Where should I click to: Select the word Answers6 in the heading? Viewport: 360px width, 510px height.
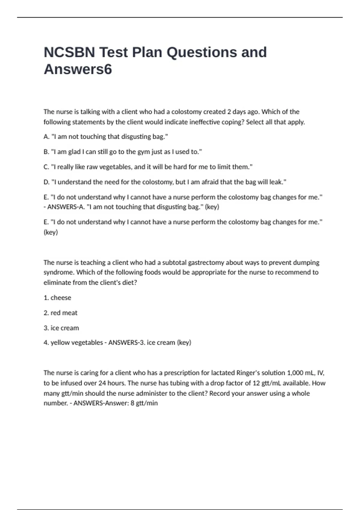click(x=78, y=69)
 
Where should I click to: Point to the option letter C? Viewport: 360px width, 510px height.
click(x=46, y=167)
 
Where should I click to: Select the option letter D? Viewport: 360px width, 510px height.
click(x=46, y=182)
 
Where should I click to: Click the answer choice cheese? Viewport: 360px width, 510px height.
click(x=61, y=298)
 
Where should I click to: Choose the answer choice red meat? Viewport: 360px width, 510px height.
click(x=64, y=313)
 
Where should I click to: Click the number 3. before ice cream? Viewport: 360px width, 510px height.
click(x=46, y=328)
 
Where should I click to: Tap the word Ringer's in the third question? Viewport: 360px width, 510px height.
click(x=247, y=373)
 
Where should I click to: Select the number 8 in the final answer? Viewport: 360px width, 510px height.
click(x=132, y=403)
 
